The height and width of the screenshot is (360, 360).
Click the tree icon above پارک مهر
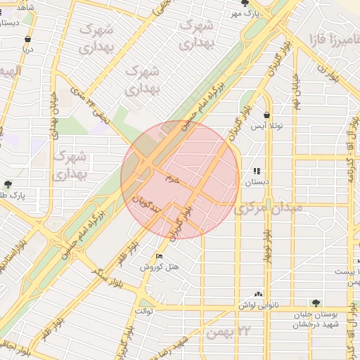coord(245,4)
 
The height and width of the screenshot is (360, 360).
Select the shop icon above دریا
coord(27,39)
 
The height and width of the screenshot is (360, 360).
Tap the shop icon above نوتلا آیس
coord(266,115)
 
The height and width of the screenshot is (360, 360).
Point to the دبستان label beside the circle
coord(256,181)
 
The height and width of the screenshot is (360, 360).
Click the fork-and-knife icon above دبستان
coord(257,171)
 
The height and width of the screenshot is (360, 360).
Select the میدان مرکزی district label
coord(269,209)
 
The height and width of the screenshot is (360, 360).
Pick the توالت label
coord(144,310)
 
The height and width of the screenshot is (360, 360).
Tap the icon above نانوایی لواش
coord(259,293)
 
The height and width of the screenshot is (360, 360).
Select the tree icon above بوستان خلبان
coord(316,304)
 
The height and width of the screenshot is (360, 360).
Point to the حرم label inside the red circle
coord(173,180)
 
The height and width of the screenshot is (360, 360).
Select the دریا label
coord(27,50)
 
